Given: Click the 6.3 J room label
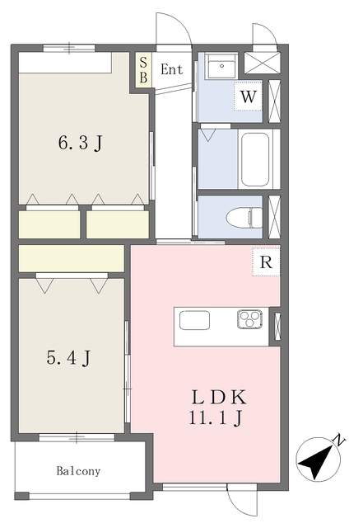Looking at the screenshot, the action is click(80, 143).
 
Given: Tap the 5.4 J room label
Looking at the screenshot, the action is click(68, 357).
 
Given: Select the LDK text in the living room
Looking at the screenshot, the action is click(219, 398).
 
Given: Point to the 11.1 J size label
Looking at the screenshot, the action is click(216, 418).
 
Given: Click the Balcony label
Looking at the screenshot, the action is click(78, 471).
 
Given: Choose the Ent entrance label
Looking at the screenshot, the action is click(172, 69).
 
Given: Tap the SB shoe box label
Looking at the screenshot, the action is click(143, 70).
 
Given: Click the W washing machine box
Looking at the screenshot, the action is click(248, 96).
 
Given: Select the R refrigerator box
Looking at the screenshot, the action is click(266, 262).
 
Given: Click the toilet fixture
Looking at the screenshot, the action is click(244, 218).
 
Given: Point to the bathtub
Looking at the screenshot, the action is click(255, 159).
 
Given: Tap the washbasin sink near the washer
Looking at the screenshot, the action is click(221, 66).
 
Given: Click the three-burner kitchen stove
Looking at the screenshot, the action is click(250, 319).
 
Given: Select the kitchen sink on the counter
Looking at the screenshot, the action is click(194, 320).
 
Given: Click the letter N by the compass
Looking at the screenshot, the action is click(340, 441).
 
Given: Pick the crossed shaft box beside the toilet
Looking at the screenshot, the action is click(274, 217).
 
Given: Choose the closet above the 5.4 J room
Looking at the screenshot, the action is click(72, 258).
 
